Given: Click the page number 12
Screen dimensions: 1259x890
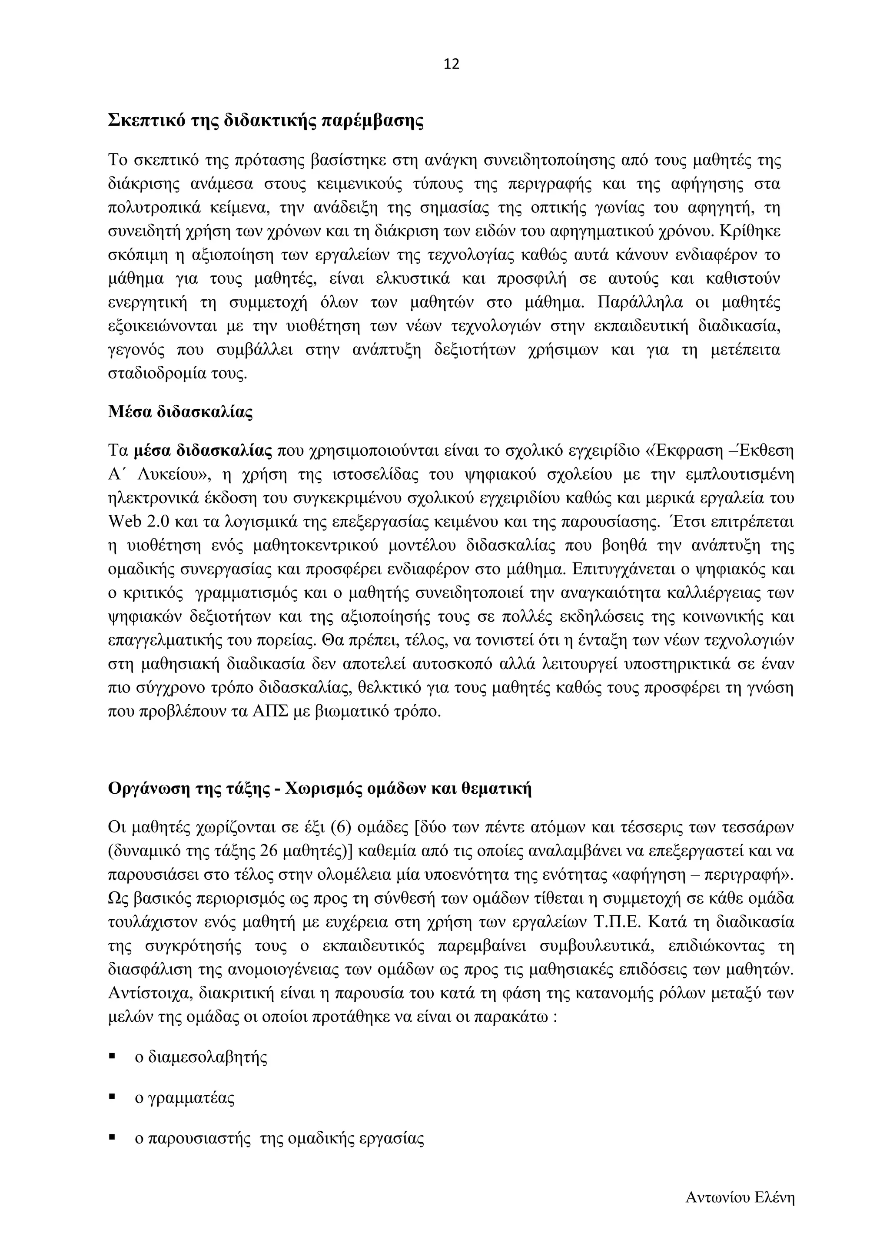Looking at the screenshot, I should pyautogui.click(x=451, y=65).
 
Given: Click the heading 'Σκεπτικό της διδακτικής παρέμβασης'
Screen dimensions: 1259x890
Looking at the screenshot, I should pyautogui.click(x=266, y=120).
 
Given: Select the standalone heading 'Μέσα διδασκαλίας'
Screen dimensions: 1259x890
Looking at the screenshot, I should pyautogui.click(x=180, y=412).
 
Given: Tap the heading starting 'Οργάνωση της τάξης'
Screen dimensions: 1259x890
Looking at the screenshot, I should pyautogui.click(x=320, y=789).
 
